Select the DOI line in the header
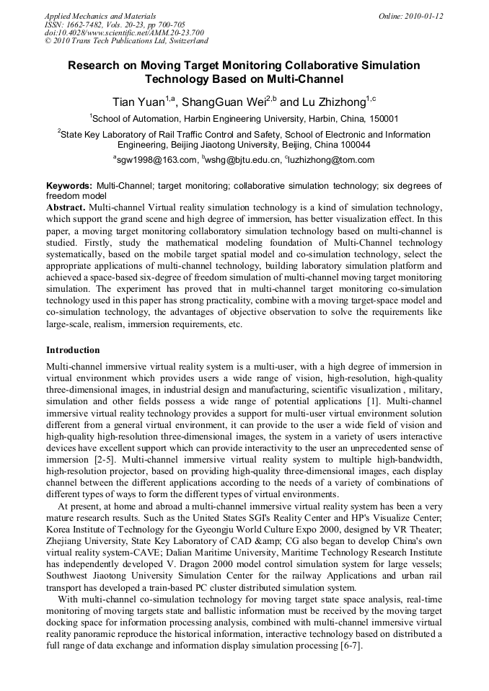point(124,32)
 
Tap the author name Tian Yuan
point(138,102)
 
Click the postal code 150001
point(379,118)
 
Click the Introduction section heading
point(73,350)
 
